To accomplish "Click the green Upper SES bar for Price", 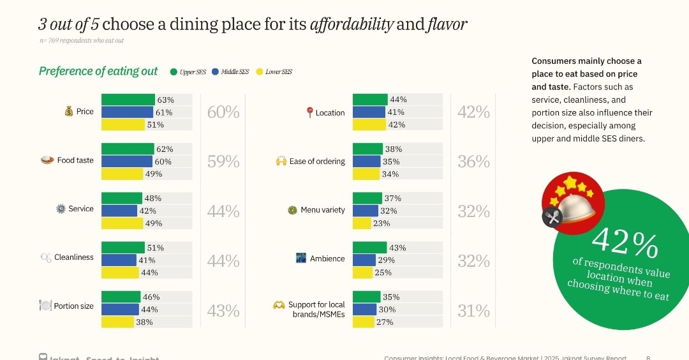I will point(128,100).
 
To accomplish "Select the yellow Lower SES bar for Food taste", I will point(122,174).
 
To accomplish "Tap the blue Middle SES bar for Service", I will point(119,211).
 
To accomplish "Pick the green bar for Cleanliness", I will point(122,248).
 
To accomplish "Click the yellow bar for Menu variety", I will point(362,223).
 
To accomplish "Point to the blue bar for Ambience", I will point(364,260).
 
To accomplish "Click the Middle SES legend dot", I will point(216,72).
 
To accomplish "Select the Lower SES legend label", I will point(278,72).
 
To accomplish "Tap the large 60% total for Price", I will point(223,112).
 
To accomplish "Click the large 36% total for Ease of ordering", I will point(473,162).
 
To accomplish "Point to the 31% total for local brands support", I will point(473,311).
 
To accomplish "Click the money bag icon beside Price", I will point(69,112).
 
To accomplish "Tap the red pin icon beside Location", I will point(310,113).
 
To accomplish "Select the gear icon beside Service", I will point(61,209).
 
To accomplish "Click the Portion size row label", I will point(73,306).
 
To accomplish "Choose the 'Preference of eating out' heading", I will point(98,71).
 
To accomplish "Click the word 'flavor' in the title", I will point(447,25).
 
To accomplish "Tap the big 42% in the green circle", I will point(625,242).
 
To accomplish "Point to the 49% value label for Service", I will point(154,223).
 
